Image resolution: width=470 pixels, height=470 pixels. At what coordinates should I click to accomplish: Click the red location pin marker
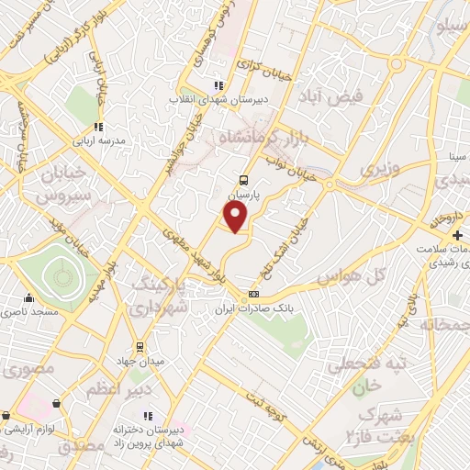[236, 217]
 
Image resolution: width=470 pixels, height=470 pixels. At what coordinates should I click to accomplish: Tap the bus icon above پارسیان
[243, 181]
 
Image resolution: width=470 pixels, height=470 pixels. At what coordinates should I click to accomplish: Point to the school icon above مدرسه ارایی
[97, 128]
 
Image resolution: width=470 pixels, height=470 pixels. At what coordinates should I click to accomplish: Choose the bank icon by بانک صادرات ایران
[254, 294]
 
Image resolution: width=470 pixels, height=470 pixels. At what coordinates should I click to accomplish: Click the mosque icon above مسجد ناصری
[29, 297]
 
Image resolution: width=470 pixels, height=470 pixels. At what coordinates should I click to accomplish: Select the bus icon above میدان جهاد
[140, 346]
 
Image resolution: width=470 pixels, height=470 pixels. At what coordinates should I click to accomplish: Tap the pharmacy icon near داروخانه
[434, 223]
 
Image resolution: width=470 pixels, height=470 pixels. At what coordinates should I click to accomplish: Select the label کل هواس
[348, 276]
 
